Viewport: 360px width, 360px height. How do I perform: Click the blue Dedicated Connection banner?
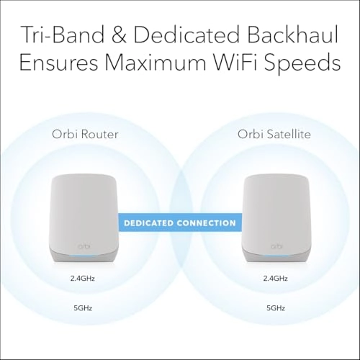[x=179, y=223]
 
